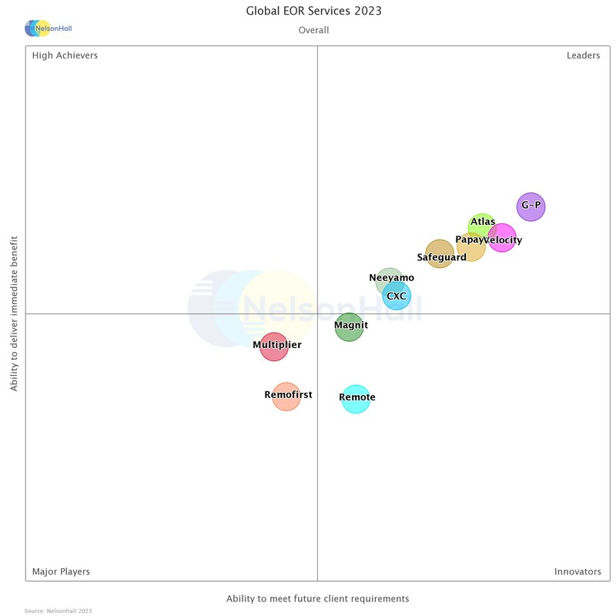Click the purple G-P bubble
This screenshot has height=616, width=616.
coord(531,206)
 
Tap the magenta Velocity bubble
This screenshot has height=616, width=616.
coord(503,238)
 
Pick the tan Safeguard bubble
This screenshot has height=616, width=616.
coord(440,254)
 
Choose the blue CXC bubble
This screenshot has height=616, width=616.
coord(397,296)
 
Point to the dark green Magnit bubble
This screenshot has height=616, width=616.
coord(349,326)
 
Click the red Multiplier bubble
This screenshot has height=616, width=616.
coord(273,346)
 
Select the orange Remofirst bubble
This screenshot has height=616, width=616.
coord(286,397)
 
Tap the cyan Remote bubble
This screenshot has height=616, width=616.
coord(356,399)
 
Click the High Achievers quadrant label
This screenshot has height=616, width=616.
coord(65,55)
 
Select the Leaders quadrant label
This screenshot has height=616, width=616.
coord(583,55)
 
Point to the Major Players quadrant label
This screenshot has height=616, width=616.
coord(61,571)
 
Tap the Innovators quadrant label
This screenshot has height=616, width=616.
coord(577,571)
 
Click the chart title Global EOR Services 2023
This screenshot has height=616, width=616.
coord(313,11)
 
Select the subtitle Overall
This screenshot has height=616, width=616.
coord(313,30)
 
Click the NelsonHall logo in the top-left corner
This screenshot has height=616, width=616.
coord(48,28)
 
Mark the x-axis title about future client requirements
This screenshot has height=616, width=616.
coord(317,598)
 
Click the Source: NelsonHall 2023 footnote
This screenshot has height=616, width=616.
coord(58,611)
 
